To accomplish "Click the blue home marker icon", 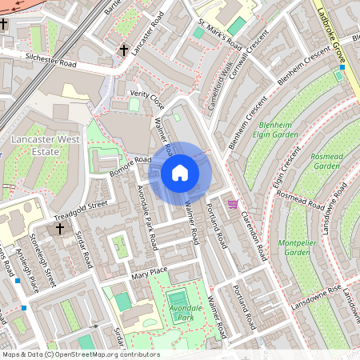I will click(x=180, y=173).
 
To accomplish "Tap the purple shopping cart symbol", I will click(x=233, y=204).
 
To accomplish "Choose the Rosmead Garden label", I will click(x=326, y=161).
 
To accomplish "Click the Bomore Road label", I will click(x=130, y=165).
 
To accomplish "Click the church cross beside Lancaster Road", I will click(x=124, y=50).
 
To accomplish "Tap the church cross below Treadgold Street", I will click(x=60, y=230).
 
